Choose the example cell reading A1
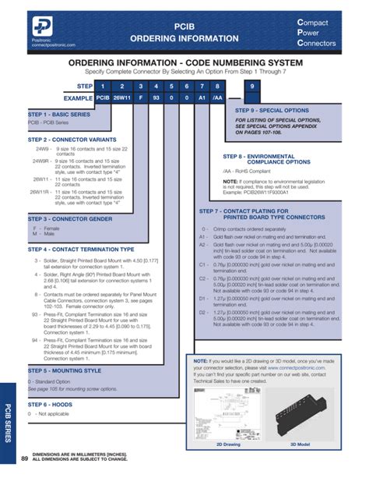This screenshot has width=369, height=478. click(x=202, y=99)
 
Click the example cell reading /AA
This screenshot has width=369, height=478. click(x=221, y=99)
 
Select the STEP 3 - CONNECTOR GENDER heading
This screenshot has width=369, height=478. click(x=67, y=219)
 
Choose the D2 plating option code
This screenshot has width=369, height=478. click(x=202, y=311)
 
